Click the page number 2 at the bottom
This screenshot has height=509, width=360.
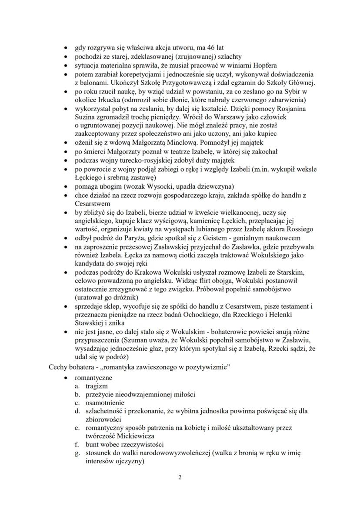pyautogui.click(x=180, y=477)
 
